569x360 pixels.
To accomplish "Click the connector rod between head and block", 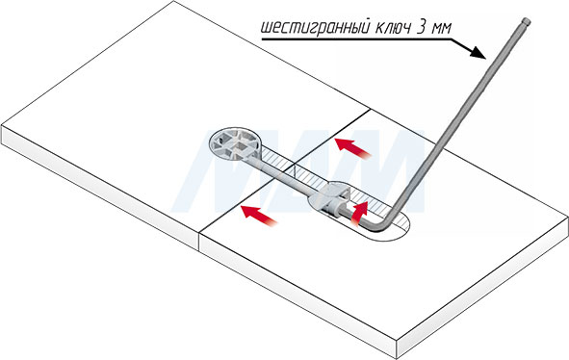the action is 284,176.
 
